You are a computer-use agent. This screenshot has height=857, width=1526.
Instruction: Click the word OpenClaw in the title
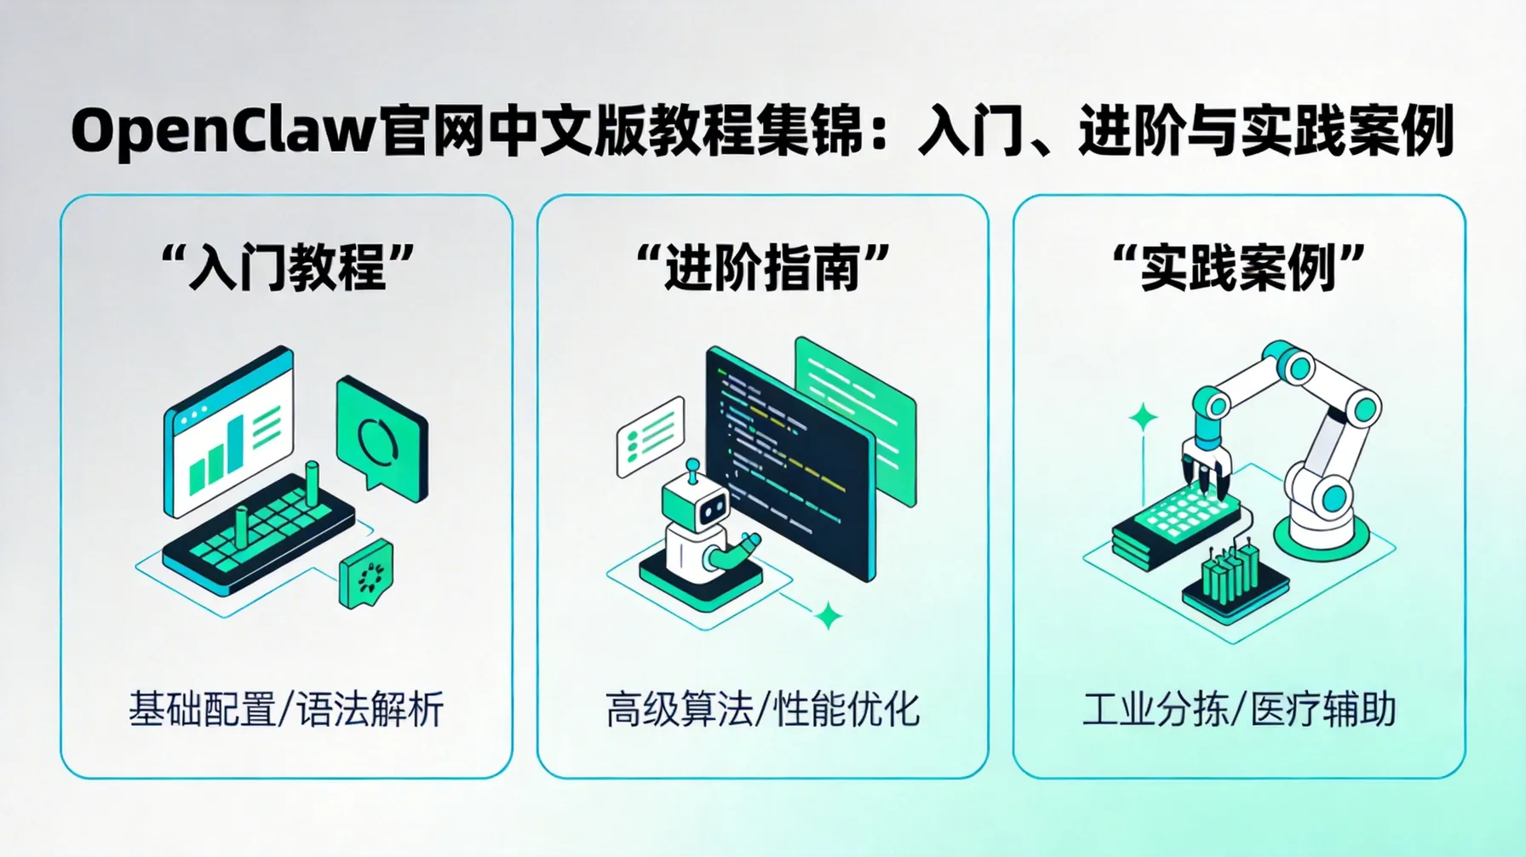(223, 132)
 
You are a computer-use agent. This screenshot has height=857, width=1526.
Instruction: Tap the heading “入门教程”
(287, 266)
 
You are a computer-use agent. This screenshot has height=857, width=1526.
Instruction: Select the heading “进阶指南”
(763, 266)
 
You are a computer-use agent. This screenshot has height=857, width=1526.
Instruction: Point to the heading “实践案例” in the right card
(1239, 266)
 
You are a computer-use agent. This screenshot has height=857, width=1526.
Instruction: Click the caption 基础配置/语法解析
(286, 709)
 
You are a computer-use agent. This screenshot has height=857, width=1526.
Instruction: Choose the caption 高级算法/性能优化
(763, 709)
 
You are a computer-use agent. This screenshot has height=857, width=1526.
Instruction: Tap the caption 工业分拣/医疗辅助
(1239, 709)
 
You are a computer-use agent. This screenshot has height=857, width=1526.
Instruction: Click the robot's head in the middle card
(698, 502)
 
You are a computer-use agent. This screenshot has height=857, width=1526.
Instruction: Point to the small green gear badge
(368, 574)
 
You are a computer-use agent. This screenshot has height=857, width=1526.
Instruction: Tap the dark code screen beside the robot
(788, 460)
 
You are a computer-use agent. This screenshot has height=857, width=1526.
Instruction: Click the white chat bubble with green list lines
(651, 436)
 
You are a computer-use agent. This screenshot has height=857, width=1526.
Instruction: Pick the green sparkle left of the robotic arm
(1143, 417)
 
